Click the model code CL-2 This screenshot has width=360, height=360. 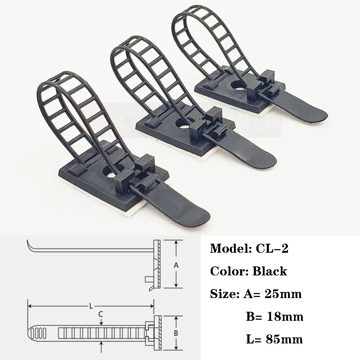pos(272,248)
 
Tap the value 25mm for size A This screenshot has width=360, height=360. pos(283,294)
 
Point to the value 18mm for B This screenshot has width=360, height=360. pos(285,316)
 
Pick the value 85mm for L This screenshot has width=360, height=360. pos(284,339)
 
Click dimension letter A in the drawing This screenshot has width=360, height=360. pos(176,265)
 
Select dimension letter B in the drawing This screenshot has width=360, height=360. pos(176,333)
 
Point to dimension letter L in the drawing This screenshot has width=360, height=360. pos(91,306)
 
